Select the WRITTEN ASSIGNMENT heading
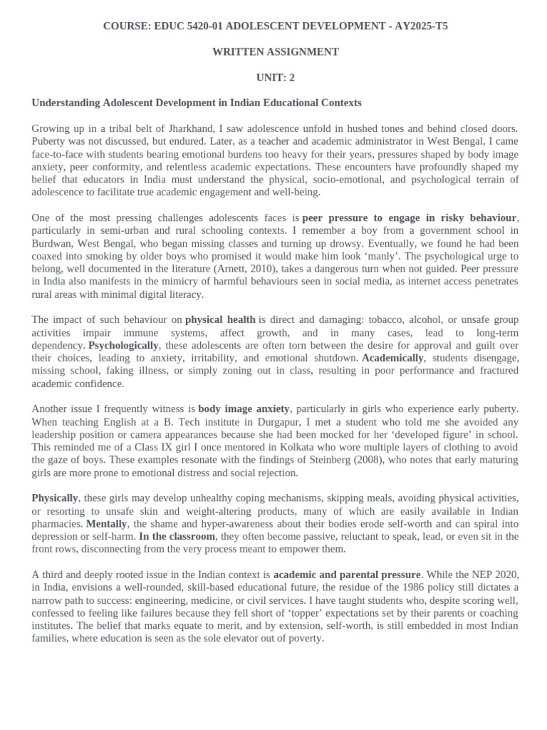pos(275,52)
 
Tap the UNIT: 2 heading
pos(275,77)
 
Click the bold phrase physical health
pos(219,320)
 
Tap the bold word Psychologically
pos(123,345)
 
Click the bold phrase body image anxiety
pos(244,409)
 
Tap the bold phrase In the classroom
pos(175,536)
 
